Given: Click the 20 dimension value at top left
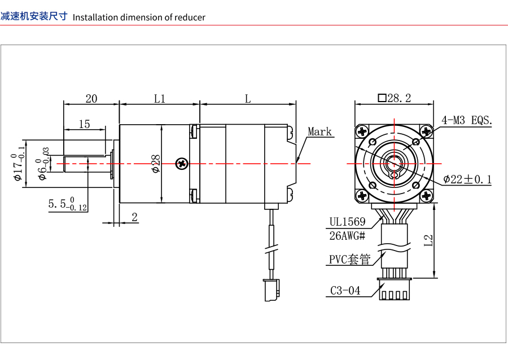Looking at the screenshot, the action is pos(91,98).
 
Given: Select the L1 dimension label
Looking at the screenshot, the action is pos(159,98).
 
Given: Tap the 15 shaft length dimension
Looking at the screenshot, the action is pos(84,124).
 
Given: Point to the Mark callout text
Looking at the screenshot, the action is pos(319,131).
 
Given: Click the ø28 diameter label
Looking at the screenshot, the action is pos(156,164).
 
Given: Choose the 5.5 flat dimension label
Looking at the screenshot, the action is pos(68,204).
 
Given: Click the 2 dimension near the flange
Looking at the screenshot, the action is pos(135,217).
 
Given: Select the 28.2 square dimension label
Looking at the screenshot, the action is pos(395,98).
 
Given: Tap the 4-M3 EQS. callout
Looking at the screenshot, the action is pos(467,120).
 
